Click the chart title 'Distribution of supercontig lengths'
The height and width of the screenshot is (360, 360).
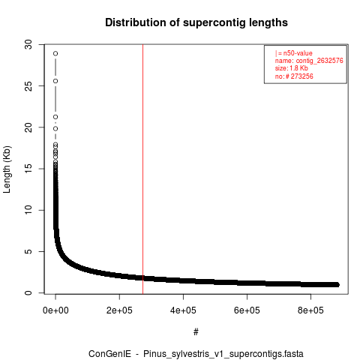196,22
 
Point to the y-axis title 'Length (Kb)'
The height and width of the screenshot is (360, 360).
7,169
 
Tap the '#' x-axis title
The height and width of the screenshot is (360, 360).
196,332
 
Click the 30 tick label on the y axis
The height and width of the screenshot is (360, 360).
29,45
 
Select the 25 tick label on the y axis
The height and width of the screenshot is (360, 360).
29,86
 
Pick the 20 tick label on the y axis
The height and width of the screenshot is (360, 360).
29,127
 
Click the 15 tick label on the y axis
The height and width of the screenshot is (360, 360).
29,169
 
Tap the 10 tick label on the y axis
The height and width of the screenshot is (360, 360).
29,210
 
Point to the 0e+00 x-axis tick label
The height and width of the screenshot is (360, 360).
55,310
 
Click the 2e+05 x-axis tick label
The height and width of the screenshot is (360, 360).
119,310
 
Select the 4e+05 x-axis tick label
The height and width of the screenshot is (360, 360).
183,310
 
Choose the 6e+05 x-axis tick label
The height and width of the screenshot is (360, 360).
247,310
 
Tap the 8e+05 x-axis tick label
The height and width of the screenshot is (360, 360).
310,310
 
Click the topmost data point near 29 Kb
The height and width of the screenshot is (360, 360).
55,53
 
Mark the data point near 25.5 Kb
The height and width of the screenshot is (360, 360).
55,81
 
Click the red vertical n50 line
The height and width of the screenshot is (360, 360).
142,169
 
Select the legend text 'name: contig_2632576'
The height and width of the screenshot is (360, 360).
309,61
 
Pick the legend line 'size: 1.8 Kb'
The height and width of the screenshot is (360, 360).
292,68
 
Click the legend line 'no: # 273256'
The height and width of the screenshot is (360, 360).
294,76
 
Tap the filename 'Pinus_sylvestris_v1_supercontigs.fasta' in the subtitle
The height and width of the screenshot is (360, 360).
223,354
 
